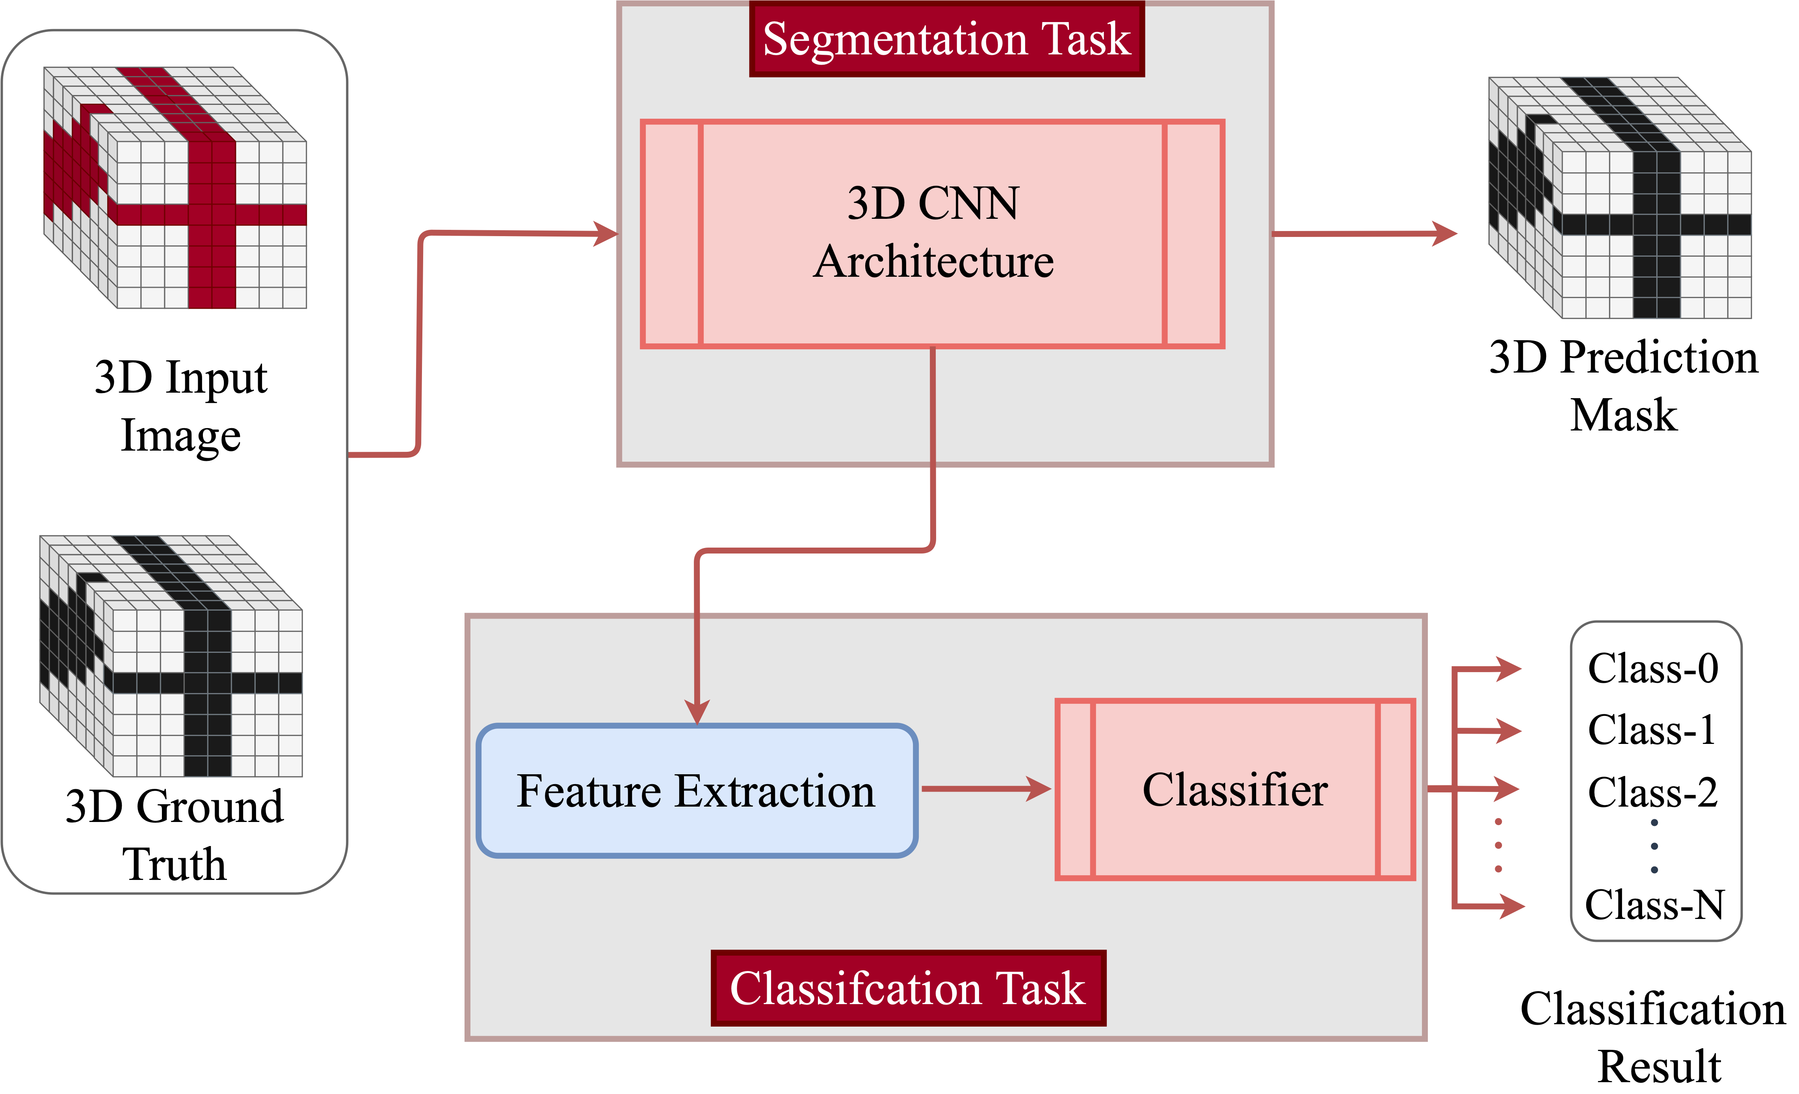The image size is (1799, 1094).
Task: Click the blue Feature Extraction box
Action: [697, 790]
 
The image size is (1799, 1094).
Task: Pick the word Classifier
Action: [1235, 790]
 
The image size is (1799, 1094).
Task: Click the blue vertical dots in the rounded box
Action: [1654, 846]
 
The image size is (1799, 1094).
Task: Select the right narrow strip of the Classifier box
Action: [1395, 790]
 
